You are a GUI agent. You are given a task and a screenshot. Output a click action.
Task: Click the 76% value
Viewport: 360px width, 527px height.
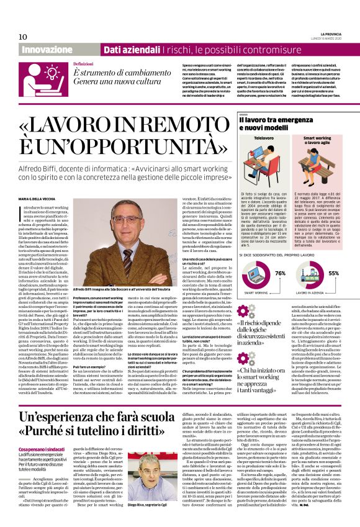(280, 273)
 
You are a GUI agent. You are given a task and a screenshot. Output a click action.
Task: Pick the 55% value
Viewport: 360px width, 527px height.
(333, 273)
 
